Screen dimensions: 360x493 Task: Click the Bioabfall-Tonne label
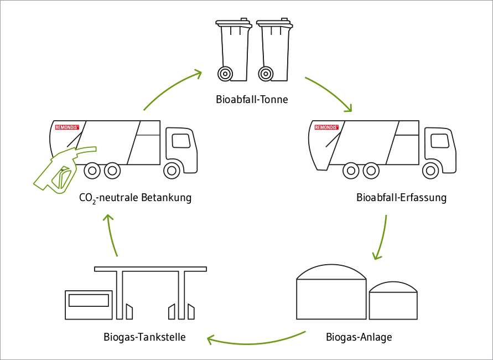coord(252,100)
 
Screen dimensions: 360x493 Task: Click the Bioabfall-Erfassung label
coord(401,198)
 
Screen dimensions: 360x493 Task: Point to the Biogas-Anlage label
coord(359,337)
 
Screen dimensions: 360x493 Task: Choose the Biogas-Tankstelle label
coord(144,337)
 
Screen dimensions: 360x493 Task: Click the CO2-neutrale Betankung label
coord(135,198)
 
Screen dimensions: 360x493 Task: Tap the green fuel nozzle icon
coord(61,169)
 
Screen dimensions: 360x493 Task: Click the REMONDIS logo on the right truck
coord(326,127)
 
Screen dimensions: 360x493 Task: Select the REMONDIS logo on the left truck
coord(67,127)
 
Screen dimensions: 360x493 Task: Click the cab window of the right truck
coord(440,141)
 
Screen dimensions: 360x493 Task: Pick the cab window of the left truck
coord(180,141)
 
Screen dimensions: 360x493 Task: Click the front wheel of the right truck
coord(431,170)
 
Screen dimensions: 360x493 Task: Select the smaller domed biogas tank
coord(393,302)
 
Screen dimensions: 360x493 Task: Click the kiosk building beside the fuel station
coord(89,305)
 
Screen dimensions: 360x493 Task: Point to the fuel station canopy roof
coord(151,269)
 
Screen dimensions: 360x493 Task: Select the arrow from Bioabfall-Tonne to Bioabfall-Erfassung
coord(330,92)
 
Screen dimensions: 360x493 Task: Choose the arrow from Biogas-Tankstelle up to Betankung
coord(112,235)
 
